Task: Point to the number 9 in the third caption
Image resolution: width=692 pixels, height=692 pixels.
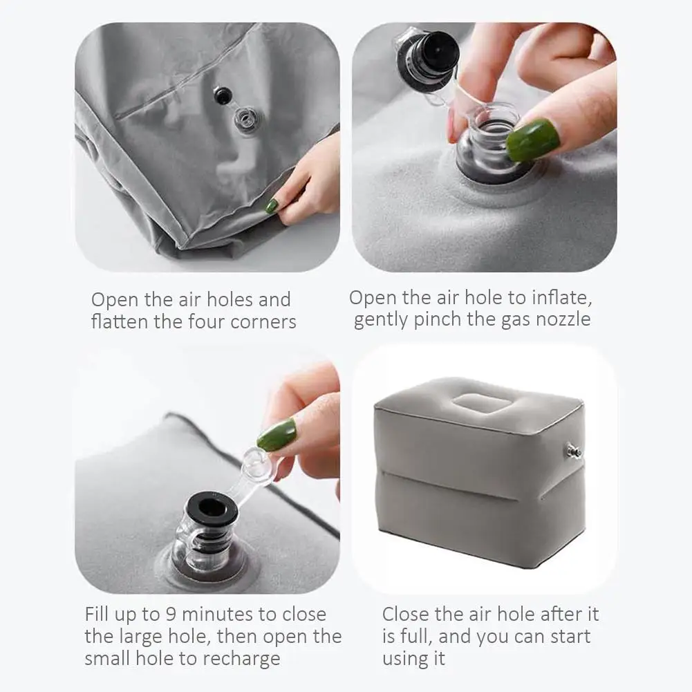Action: pos(171,615)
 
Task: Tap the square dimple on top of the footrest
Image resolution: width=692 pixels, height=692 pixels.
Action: pos(480,403)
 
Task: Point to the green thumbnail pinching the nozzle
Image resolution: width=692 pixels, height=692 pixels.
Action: pos(533,140)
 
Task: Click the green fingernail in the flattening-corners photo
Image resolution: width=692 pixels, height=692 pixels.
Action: pos(271,205)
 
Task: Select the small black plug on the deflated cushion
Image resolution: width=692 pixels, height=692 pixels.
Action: pos(223,96)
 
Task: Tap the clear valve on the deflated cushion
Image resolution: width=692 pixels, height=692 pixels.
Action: pos(246,119)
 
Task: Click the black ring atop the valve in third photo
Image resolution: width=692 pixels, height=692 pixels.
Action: pos(212,509)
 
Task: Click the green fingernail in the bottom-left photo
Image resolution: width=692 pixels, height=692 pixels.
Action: pos(277,435)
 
